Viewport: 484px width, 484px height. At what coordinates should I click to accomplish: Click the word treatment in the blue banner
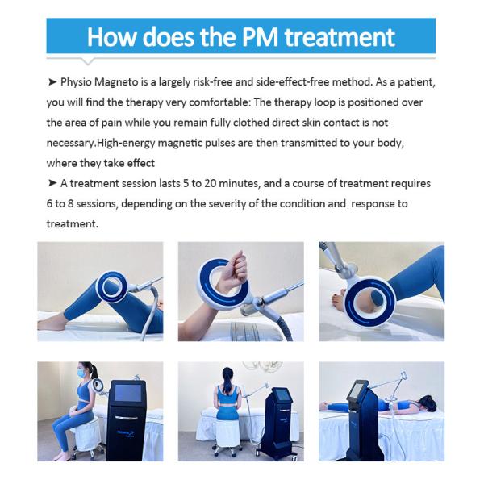click(x=340, y=38)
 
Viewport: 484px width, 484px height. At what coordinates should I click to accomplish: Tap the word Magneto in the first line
click(x=116, y=83)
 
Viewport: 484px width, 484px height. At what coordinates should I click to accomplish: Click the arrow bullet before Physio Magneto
click(x=52, y=82)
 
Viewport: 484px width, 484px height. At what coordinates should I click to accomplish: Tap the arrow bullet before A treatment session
click(x=52, y=183)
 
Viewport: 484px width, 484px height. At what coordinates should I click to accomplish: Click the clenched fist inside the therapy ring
click(x=234, y=269)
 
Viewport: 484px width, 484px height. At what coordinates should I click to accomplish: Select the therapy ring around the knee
click(x=112, y=288)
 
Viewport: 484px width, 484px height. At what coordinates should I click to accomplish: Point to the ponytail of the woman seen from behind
click(x=228, y=381)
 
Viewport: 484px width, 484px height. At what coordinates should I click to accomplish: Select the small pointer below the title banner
click(x=88, y=62)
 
